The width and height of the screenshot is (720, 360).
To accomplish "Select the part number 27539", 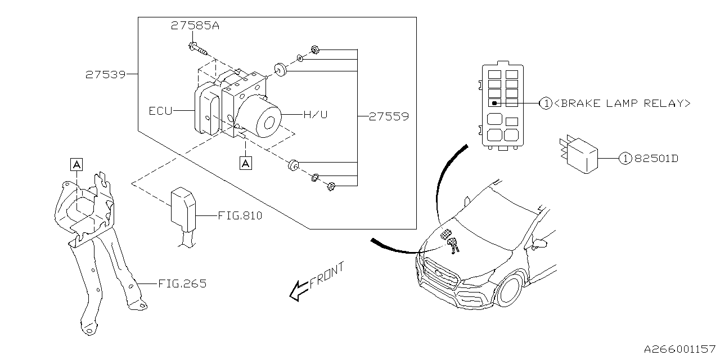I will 105,74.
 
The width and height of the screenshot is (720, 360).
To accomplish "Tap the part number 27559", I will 389,117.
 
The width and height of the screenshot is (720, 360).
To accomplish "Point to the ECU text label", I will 160,111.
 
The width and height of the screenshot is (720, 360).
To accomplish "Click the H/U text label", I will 315,115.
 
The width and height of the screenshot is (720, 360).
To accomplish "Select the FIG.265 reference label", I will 182,284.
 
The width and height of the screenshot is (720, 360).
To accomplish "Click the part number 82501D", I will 656,159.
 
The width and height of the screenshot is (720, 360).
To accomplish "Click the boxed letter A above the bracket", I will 76,164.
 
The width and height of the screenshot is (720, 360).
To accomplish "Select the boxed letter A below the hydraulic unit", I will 245,163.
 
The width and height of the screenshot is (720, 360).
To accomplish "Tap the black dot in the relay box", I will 494,103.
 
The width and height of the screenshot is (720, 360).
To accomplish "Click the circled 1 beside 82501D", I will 624,159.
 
